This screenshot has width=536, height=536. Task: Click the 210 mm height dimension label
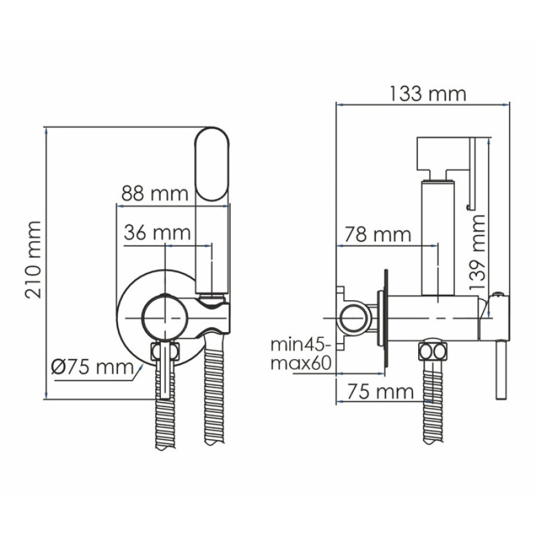[x=33, y=260]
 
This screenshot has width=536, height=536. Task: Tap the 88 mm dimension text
[x=155, y=194]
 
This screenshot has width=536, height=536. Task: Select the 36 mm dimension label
[x=157, y=233]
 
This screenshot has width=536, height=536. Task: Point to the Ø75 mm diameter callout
[x=93, y=367]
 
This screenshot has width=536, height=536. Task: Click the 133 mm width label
[x=428, y=94]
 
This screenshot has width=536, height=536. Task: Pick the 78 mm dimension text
[x=378, y=235]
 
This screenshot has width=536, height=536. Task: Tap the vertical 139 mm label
[x=477, y=253]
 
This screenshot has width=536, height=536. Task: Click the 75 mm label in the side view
[x=381, y=391]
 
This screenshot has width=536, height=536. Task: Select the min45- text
[x=301, y=345]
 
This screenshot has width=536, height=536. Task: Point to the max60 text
[x=301, y=363]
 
